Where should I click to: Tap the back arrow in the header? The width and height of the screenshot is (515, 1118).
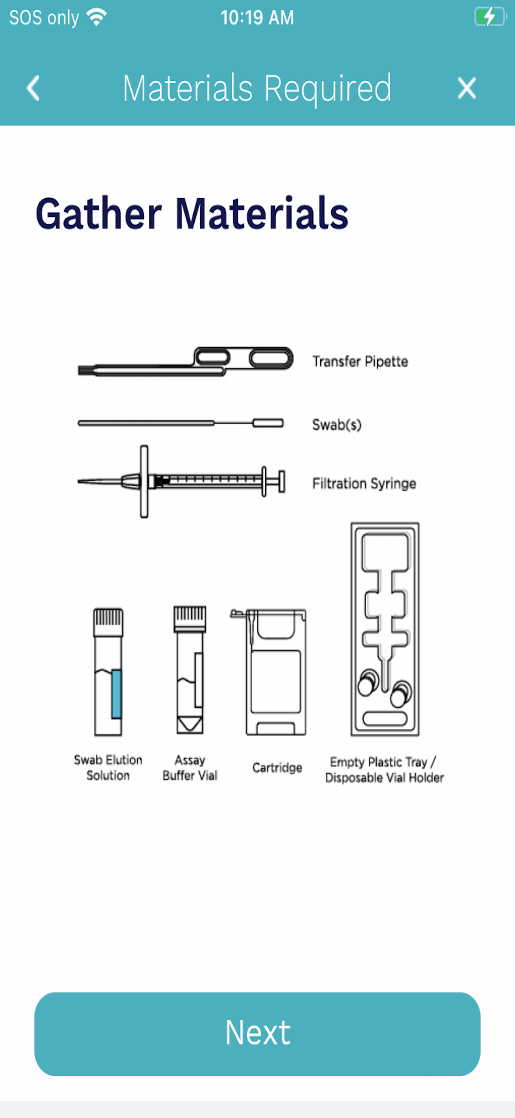(x=34, y=88)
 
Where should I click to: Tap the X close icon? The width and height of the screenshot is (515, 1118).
(x=467, y=88)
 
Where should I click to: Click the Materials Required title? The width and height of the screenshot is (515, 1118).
(x=257, y=88)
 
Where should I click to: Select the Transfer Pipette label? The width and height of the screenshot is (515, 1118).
(x=360, y=361)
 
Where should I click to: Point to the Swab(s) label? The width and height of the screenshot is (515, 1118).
(x=337, y=424)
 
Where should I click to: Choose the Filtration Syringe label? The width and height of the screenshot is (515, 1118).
(x=364, y=483)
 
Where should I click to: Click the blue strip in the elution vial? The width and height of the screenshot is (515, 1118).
(x=116, y=694)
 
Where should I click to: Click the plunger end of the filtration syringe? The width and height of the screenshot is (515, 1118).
(x=282, y=481)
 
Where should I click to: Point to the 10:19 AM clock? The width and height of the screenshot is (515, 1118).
(x=257, y=18)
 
